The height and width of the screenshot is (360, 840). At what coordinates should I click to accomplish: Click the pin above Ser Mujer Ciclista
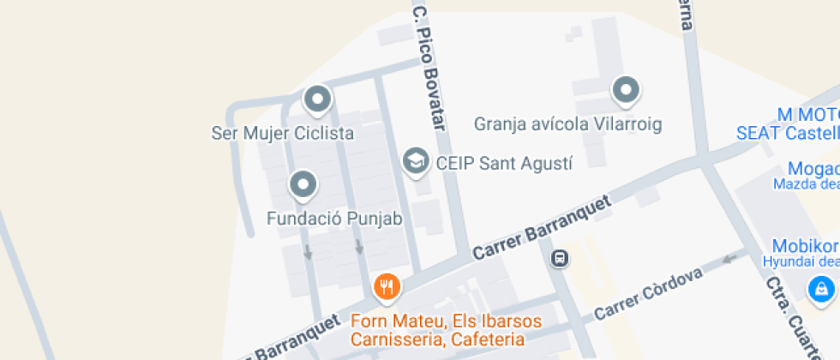point(318,99)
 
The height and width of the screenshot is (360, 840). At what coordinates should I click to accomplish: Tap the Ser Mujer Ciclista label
point(283,134)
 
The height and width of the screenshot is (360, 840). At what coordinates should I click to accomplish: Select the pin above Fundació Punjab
point(303,183)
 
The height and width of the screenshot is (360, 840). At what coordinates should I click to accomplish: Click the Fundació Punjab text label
point(334,219)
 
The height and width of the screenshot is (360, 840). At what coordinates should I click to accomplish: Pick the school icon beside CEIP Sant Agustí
point(416,160)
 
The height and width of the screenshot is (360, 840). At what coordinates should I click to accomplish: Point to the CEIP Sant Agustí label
point(503,162)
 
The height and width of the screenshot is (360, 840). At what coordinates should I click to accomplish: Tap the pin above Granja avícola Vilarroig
point(626,89)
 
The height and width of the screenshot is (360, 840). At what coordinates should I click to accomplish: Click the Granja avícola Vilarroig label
point(568,124)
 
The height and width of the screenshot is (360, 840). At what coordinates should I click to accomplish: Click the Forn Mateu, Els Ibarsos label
point(447,321)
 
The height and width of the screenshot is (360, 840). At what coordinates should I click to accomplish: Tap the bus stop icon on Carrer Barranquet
point(559,257)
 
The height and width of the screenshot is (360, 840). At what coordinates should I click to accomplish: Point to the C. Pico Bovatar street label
point(431,69)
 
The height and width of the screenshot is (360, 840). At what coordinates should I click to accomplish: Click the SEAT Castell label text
point(788,133)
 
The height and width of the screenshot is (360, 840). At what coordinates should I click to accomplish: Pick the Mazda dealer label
point(806,183)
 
